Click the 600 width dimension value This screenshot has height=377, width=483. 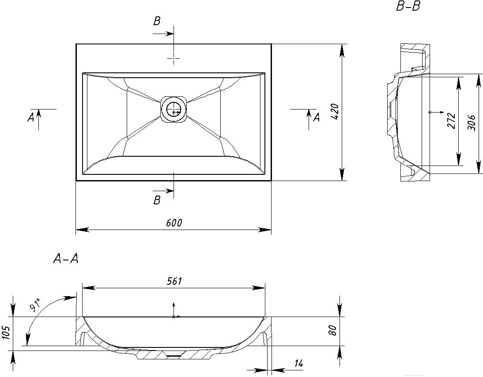[x=174, y=222]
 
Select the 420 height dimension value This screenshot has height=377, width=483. [x=335, y=112]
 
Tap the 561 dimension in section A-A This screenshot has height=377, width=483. [x=174, y=281]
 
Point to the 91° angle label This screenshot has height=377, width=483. [x=36, y=304]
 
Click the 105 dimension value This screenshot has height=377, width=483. [x=6, y=333]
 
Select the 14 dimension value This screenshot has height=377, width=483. [x=298, y=363]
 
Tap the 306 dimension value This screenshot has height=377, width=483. [x=472, y=123]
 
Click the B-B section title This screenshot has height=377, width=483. [x=408, y=7]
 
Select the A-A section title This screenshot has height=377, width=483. [x=66, y=259]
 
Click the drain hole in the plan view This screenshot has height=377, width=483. [x=174, y=109]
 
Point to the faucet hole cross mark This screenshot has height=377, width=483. [x=174, y=58]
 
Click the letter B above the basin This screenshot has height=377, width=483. [x=157, y=21]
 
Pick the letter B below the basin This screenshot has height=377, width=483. [x=157, y=200]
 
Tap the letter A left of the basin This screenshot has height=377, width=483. [x=30, y=117]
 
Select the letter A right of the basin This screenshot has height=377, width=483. [x=317, y=117]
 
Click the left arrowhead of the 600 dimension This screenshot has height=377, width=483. [x=82, y=230]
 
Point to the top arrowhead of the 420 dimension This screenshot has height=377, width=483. [x=342, y=50]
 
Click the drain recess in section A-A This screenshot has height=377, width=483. [x=174, y=355]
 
